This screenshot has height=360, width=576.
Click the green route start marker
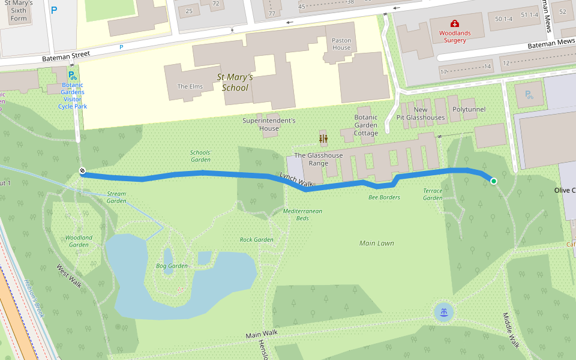click(x=494, y=181)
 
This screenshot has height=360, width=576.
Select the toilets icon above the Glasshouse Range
click(x=323, y=139)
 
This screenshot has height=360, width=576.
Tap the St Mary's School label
click(x=235, y=82)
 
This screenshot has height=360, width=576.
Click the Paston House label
click(x=341, y=44)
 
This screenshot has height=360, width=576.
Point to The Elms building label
click(x=190, y=86)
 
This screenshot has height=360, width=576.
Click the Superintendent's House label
click(x=269, y=124)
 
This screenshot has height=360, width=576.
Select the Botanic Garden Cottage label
click(x=366, y=125)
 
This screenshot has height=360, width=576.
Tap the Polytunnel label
click(x=469, y=110)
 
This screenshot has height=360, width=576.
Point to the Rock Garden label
click(x=256, y=239)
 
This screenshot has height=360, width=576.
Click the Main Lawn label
click(x=376, y=243)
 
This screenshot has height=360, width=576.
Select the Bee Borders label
click(x=384, y=197)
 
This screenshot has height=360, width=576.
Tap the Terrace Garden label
click(x=433, y=194)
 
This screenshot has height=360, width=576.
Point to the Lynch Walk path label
click(x=296, y=178)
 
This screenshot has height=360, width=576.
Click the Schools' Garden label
click(x=200, y=156)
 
